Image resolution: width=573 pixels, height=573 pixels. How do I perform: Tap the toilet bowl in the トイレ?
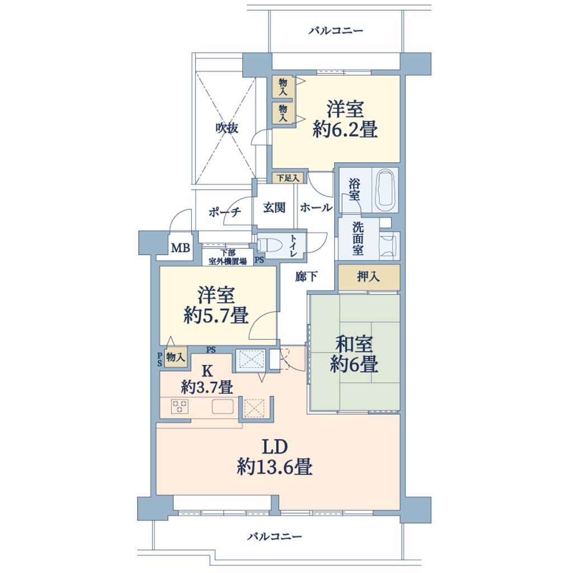click(268, 245)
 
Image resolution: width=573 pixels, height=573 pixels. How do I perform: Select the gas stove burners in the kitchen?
click(180, 407)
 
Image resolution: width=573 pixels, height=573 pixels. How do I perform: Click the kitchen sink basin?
click(223, 406)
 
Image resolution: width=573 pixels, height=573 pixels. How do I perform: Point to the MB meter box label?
click(181, 248)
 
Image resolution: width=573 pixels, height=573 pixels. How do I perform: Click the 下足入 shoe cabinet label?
click(288, 178)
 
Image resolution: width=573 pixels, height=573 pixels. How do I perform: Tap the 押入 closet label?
click(368, 277)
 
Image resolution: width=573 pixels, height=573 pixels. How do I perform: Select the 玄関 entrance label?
click(274, 208)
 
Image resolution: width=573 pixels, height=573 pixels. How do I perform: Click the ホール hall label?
click(316, 208)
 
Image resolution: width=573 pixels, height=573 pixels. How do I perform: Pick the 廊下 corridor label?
click(306, 276)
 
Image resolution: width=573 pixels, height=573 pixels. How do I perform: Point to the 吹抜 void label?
click(227, 128)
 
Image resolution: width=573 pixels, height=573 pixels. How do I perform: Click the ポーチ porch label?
click(225, 212)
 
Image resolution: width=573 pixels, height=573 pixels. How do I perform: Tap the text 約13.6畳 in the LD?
click(274, 467)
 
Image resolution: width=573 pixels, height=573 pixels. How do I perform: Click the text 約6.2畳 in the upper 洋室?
click(345, 129)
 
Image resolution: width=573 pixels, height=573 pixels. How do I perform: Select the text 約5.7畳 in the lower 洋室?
click(216, 315)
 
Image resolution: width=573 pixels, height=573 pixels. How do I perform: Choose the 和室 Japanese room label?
click(354, 344)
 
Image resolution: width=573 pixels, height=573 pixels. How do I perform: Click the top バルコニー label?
click(336, 30)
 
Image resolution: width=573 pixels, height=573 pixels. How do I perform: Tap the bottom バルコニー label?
click(275, 537)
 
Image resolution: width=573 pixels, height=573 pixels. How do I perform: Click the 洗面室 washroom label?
click(358, 238)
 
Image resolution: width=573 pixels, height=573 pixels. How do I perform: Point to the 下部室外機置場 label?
click(228, 257)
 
